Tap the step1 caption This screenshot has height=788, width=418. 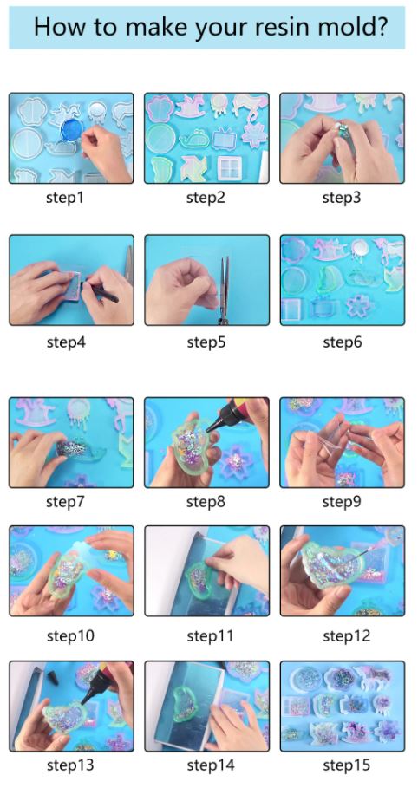point(64,198)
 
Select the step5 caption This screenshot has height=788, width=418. point(206,342)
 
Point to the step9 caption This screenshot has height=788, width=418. point(342,502)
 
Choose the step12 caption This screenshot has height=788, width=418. point(346,636)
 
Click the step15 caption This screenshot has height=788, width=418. point(346,765)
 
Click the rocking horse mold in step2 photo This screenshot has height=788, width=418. point(189,107)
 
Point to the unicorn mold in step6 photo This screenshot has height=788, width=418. point(389,251)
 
